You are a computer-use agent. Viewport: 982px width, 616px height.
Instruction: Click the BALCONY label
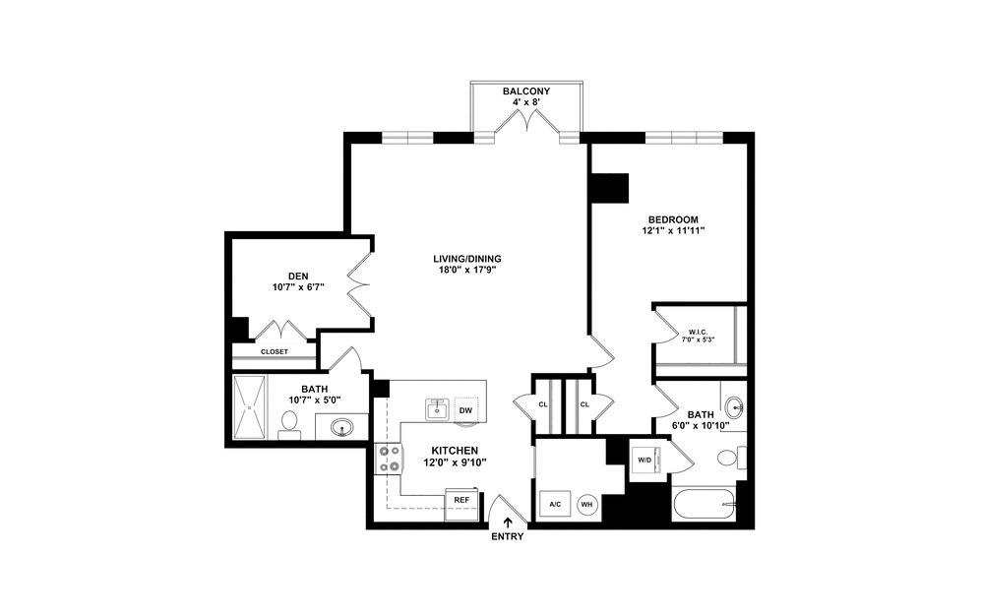pos(526,92)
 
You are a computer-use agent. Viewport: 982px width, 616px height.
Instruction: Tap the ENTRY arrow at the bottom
pos(508,524)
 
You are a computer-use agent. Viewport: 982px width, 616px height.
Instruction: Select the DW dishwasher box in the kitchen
pos(465,409)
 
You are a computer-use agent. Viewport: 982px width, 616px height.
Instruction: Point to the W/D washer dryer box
pos(645,459)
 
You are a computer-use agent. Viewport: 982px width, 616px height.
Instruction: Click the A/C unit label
pos(554,504)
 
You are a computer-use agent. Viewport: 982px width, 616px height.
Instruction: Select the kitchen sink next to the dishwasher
pos(438,408)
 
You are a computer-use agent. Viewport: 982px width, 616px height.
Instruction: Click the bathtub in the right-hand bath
pos(704,505)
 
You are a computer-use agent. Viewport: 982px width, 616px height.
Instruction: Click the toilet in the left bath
pos(290,424)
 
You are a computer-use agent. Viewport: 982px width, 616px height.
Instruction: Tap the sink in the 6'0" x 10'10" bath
pos(734,407)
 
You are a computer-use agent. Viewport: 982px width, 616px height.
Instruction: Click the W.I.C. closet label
pos(698,332)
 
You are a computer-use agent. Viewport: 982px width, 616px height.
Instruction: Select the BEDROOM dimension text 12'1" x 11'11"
pos(673,231)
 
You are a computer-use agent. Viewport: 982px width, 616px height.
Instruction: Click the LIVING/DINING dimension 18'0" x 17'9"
pos(466,272)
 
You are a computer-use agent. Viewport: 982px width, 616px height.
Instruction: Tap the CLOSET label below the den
pos(275,351)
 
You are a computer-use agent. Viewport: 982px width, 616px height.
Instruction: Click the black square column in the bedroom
pos(609,188)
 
